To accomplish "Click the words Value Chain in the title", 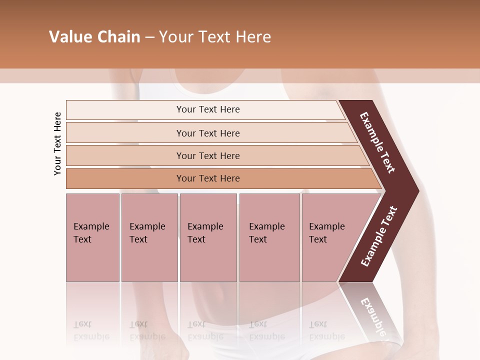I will pyautogui.click(x=94, y=37).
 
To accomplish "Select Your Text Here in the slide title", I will pyautogui.click(x=215, y=37).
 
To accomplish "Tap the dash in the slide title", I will pyautogui.click(x=149, y=37).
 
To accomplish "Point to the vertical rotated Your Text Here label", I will pyautogui.click(x=57, y=143).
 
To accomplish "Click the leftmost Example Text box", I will pyautogui.click(x=92, y=237).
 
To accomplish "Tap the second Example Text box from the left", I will pyautogui.click(x=149, y=237).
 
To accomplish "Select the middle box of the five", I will pyautogui.click(x=208, y=237).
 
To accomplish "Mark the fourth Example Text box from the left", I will pyautogui.click(x=269, y=237).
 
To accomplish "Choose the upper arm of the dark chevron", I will pyautogui.click(x=377, y=142).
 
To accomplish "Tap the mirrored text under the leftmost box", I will pyautogui.click(x=91, y=330).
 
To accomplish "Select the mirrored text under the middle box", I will pyautogui.click(x=205, y=330).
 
